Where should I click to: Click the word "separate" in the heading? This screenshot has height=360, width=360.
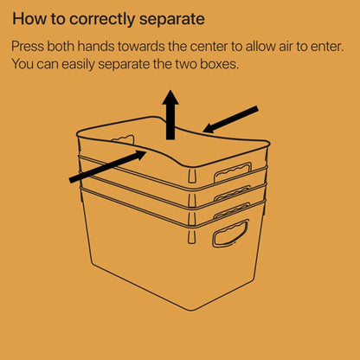point(172,19)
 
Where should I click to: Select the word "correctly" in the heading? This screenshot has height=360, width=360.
point(102,20)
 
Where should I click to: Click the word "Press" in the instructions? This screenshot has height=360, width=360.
point(28,46)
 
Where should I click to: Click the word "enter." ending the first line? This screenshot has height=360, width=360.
point(327,47)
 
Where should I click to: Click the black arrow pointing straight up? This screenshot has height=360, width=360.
point(170,115)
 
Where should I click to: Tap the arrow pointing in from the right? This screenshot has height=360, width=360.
point(230,119)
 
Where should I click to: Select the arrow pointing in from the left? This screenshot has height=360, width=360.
point(107,166)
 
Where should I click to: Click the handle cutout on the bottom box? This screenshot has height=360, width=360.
point(230,233)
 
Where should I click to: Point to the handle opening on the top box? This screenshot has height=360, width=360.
point(233,173)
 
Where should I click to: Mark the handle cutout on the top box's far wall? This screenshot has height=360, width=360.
point(124,140)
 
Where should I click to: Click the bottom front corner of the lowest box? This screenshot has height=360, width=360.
point(193,311)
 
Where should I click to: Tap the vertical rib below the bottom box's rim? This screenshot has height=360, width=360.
point(191,236)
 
